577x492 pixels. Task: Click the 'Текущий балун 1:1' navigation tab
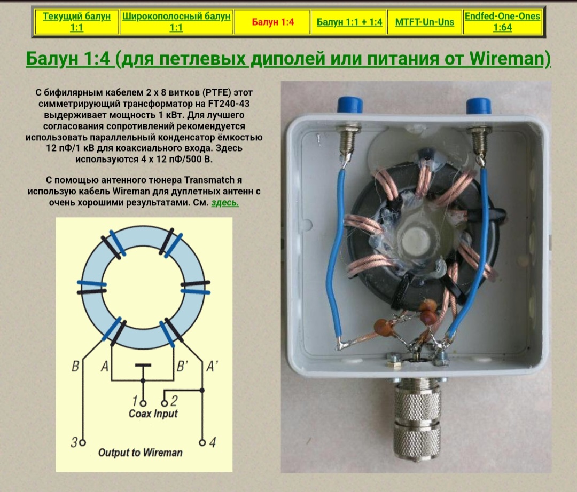76,22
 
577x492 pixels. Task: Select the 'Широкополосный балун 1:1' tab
176,22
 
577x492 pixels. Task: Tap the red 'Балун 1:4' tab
272,22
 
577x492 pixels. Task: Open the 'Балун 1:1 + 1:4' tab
349,22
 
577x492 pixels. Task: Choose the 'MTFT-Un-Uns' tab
424,22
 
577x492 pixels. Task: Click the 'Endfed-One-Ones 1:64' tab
502,22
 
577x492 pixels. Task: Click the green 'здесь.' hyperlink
225,202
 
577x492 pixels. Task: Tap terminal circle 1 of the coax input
143,403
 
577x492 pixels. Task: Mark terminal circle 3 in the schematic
83,442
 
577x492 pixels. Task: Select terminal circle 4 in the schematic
202,442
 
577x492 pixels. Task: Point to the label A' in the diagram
212,366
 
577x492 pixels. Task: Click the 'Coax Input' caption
153,414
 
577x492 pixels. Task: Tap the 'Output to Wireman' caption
140,453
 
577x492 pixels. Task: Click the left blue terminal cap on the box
349,105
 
